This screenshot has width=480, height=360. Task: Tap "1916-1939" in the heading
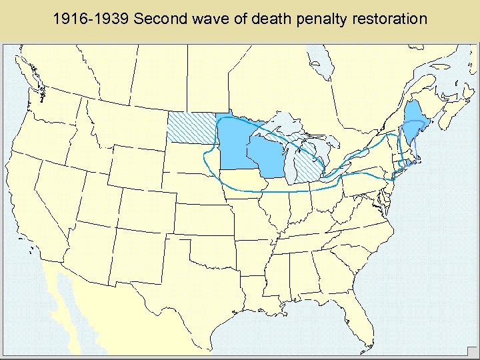coord(91,19)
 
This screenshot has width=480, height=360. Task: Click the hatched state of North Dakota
coord(191,127)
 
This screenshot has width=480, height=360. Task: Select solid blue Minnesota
coord(233,143)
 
